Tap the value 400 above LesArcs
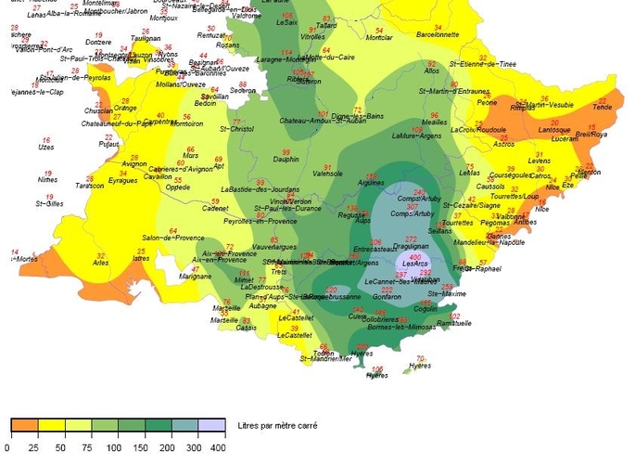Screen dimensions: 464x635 pos(414,257)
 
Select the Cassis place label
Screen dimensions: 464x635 pos(247,328)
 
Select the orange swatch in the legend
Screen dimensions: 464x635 pos(23,425)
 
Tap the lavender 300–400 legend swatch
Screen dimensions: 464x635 pos(212,425)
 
